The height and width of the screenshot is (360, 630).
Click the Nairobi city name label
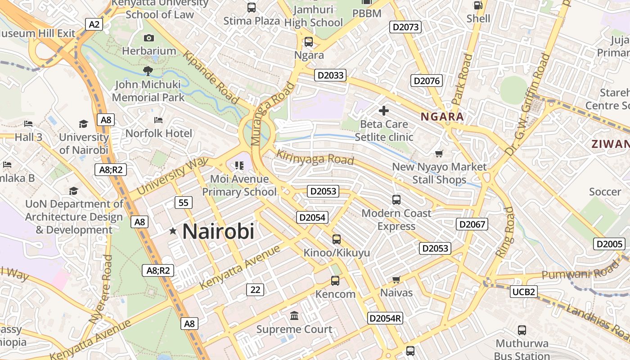point(218,232)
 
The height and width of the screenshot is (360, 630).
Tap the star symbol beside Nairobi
point(173,231)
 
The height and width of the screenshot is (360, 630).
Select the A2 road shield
point(94,24)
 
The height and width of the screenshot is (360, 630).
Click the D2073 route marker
point(405,27)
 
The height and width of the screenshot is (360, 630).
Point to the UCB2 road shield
point(524,292)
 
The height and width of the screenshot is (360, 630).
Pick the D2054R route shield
point(385,318)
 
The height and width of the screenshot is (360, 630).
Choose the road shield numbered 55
point(184,202)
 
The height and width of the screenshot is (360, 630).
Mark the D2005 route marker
point(609,244)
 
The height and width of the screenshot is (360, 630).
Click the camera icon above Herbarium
point(148,38)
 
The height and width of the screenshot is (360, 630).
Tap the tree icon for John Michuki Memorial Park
point(148,70)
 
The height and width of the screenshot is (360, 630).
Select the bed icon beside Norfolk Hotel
point(158,120)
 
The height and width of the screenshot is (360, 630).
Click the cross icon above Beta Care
point(384,110)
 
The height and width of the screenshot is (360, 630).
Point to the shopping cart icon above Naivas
point(396,280)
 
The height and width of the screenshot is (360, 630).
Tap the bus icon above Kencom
point(335,281)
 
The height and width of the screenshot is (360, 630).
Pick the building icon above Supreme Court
point(294,316)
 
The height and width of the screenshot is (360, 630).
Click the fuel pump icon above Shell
point(478,6)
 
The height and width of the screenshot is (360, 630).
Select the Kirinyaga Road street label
point(315,157)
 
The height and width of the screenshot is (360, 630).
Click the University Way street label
point(173,175)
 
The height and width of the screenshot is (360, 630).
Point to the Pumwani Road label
point(580,271)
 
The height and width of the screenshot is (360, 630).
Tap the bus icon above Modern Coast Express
point(396,199)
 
